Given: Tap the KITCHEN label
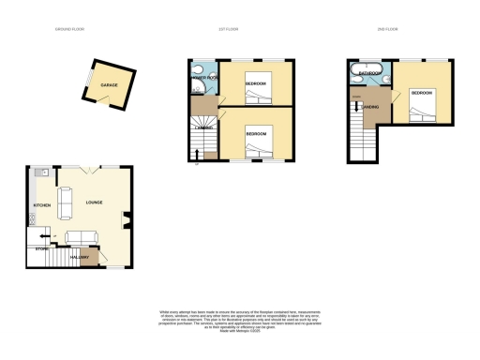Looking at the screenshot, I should click(x=41, y=204).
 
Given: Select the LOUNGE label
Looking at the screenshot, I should click(x=94, y=202).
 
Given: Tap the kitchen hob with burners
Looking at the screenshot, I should click(x=33, y=219).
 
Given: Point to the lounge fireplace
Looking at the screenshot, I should click(x=127, y=221).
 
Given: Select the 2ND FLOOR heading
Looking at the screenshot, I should click(x=387, y=31).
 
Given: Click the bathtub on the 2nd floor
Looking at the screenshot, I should click(x=364, y=71).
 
